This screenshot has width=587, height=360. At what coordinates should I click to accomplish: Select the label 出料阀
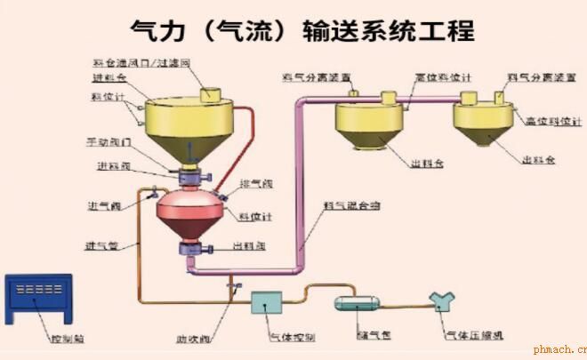(248, 244)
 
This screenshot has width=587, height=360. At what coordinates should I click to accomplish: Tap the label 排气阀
(252, 184)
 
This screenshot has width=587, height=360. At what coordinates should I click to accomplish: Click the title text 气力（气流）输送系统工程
(302, 30)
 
